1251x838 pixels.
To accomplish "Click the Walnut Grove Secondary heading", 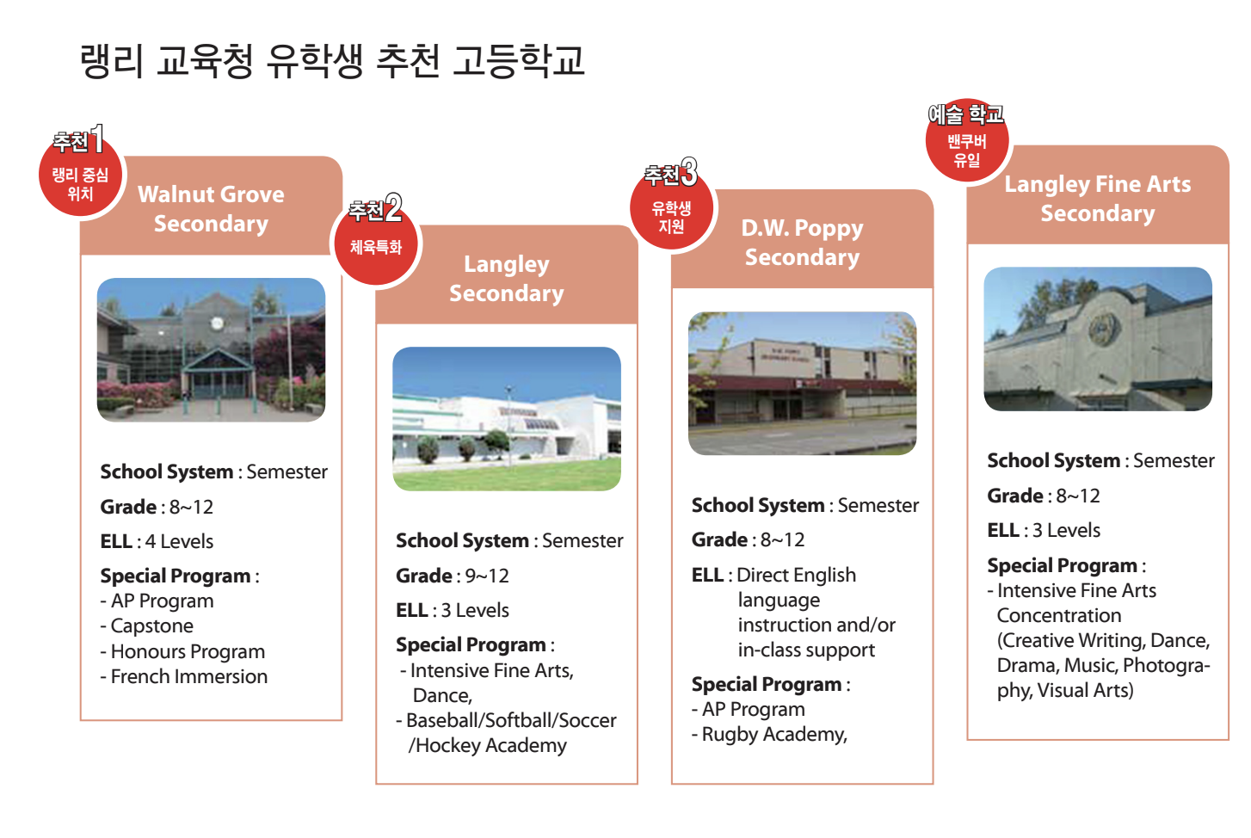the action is point(211,209).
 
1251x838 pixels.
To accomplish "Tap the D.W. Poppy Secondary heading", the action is point(802,243).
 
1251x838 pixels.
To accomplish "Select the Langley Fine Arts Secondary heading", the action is point(1097,199).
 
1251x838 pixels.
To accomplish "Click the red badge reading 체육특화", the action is point(376,244).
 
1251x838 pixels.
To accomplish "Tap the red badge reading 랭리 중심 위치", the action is point(80,176).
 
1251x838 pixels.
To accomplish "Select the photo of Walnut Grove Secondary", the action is point(211,350).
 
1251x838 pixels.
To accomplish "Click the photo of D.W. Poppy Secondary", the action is point(802,384).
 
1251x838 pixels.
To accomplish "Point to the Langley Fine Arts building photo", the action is point(1098,339).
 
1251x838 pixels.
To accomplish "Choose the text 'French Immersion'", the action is point(188,676).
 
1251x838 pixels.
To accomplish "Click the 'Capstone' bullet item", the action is point(152,626).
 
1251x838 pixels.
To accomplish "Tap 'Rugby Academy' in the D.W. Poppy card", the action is point(774,735).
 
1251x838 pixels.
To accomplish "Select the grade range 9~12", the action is point(487,576).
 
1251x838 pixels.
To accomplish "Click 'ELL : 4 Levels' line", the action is point(157,541).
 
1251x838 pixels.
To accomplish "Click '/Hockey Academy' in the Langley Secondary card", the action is point(487,745).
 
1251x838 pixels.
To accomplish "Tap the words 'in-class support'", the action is point(806,650).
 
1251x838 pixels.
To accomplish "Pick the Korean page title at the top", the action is point(332,61).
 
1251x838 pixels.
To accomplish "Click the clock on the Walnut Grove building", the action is point(217,323).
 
